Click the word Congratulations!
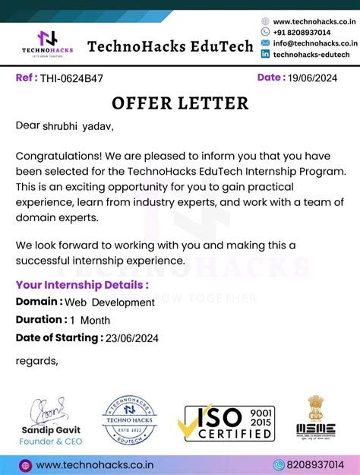pyautogui.click(x=60, y=156)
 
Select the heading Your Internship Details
pyautogui.click(x=82, y=285)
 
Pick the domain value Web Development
pyautogui.click(x=109, y=302)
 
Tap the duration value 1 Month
pyautogui.click(x=90, y=320)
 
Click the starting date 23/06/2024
pyautogui.click(x=133, y=338)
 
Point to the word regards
pyautogui.click(x=36, y=360)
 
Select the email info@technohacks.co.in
pyautogui.click(x=315, y=43)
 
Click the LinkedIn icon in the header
pyautogui.click(x=265, y=55)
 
